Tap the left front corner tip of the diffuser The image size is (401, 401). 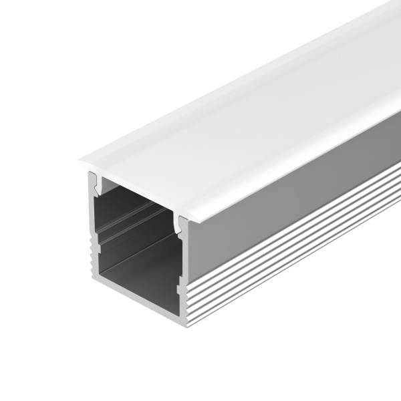80,160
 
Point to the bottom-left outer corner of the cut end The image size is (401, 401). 90,274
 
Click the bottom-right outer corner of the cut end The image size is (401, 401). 186,327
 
